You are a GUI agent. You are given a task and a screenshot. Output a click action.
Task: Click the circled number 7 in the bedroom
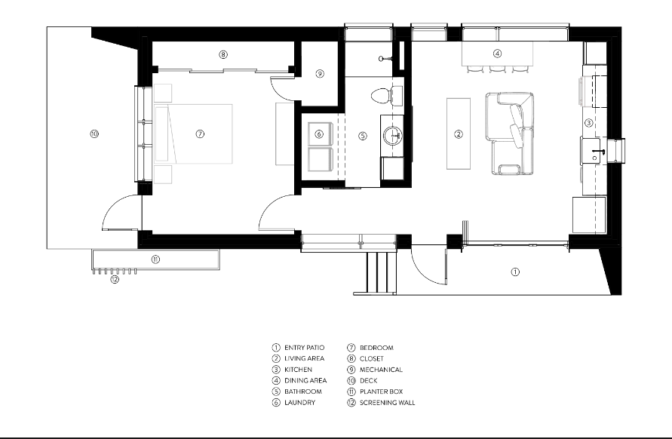(x=200, y=134)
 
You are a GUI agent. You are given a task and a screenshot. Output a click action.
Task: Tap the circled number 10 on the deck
(x=94, y=134)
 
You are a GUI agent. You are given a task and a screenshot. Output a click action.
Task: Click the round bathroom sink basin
(x=393, y=137)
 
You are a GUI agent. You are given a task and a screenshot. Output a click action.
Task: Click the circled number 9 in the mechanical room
(x=320, y=74)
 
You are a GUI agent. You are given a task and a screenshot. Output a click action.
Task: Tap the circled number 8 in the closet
(x=223, y=54)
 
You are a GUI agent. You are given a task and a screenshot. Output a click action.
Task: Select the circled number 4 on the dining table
(x=498, y=54)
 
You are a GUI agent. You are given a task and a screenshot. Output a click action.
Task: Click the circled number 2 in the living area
(x=458, y=134)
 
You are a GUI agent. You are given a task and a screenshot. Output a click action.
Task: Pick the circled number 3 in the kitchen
(x=590, y=122)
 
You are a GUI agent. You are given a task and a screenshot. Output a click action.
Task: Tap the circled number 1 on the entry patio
(x=515, y=272)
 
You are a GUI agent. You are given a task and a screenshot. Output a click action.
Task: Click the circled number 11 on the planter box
(x=155, y=259)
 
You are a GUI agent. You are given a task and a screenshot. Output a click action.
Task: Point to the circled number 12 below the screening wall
(x=115, y=279)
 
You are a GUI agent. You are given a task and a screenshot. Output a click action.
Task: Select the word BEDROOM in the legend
(x=376, y=348)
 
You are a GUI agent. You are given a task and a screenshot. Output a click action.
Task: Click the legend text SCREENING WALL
(x=387, y=403)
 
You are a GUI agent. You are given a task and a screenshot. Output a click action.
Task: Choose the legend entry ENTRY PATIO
(x=304, y=348)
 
